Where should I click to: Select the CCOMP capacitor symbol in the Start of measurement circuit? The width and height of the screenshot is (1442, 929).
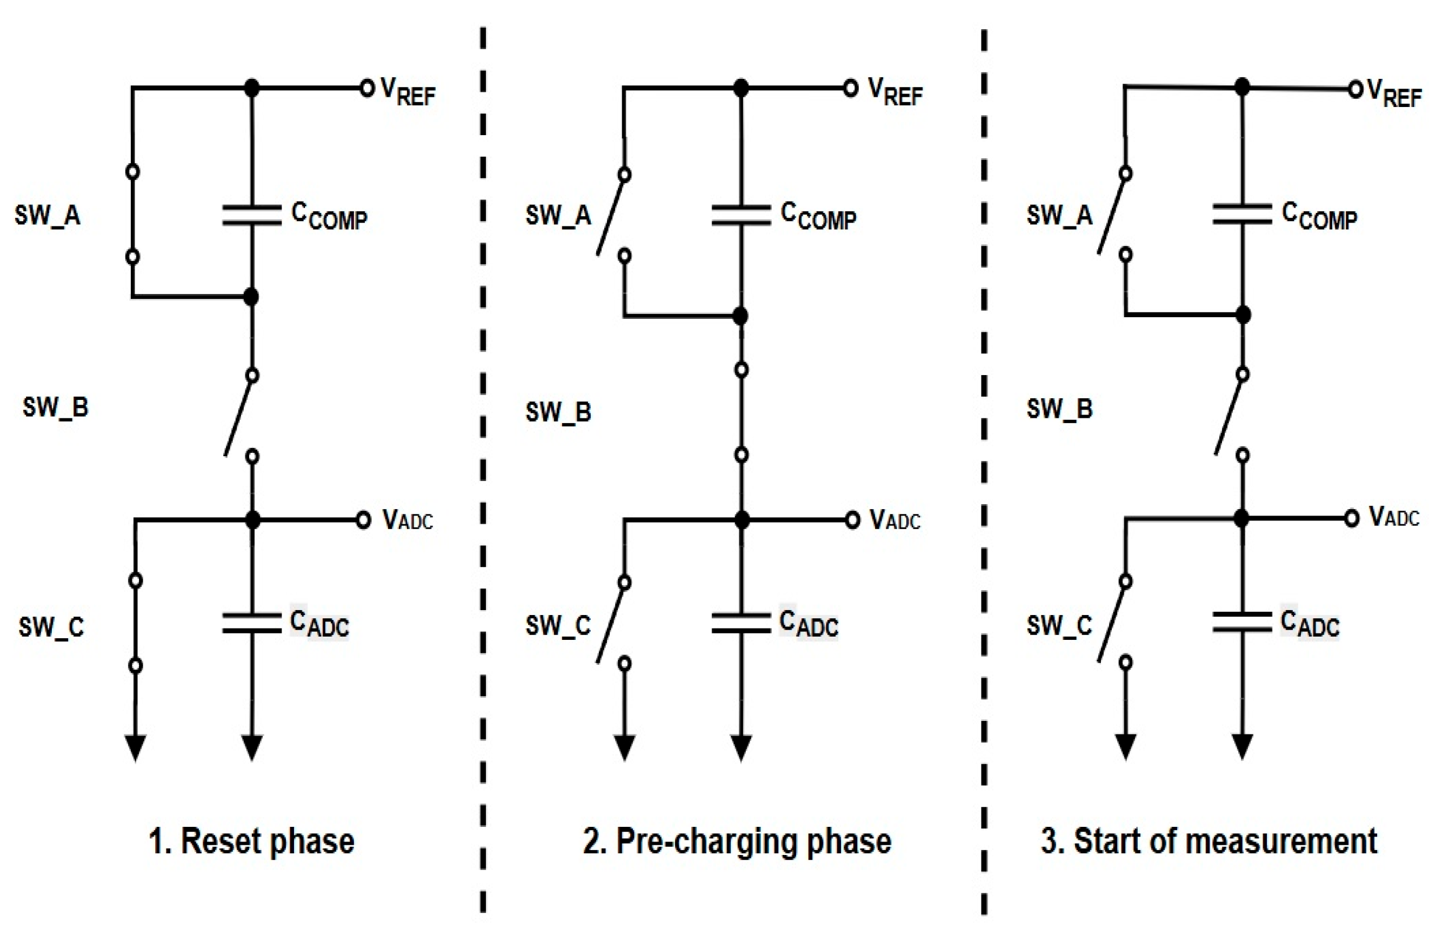[1241, 214]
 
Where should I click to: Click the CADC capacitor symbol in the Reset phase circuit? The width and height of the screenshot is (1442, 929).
[252, 623]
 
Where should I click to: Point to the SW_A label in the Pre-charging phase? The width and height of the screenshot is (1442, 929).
[558, 215]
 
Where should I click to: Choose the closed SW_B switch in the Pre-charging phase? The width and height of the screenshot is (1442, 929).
[742, 412]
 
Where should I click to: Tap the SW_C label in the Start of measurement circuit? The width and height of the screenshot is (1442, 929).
[1059, 626]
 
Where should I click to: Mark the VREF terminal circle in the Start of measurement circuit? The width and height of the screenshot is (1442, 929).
[1355, 90]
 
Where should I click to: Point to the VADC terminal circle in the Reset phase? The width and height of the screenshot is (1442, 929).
[363, 519]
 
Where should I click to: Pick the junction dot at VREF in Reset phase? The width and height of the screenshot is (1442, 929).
[252, 88]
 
